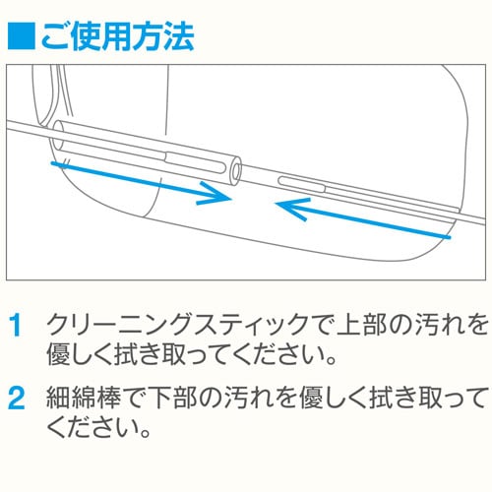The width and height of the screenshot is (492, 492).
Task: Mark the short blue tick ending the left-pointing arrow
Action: pyautogui.click(x=448, y=234)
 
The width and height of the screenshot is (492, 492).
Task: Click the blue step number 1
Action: pyautogui.click(x=16, y=325)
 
